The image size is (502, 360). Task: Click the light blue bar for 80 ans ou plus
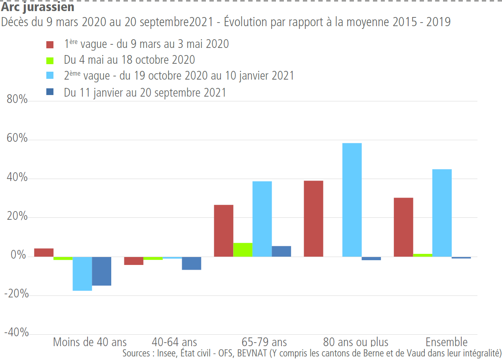pos(352,200)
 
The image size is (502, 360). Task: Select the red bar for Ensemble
pos(403,227)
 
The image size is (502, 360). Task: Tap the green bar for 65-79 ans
pos(243,250)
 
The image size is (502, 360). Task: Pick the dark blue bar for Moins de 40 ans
pos(101,271)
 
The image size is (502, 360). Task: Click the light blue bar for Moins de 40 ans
pos(82,274)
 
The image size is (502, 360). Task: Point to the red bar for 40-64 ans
pos(134,261)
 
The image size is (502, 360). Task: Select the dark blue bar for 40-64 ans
pos(192,263)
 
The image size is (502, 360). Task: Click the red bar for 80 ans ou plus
pos(314,219)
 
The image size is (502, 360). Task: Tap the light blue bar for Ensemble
pos(442,213)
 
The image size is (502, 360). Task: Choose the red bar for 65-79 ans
pos(224,230)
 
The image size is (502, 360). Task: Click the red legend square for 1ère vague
pos(50,44)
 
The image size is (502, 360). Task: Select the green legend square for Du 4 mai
pos(50,60)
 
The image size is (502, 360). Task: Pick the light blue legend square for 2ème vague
pos(50,76)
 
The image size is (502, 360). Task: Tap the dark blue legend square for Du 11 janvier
pos(50,92)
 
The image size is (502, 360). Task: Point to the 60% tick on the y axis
pos(17,139)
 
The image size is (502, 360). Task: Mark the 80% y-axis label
pos(17,100)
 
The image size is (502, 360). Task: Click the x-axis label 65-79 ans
pos(264,342)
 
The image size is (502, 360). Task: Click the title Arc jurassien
pos(38,7)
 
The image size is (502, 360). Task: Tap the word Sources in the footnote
pos(135,352)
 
